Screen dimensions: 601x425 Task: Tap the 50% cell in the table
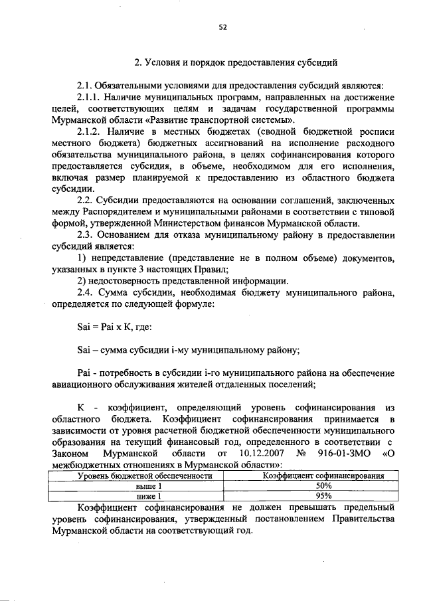pos(323,485)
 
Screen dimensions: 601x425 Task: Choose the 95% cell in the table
pos(323,495)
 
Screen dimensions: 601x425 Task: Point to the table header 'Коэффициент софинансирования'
pos(323,475)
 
